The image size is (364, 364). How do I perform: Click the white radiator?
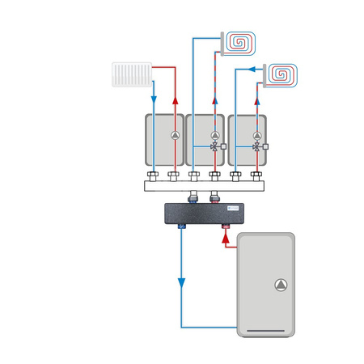click(132, 75)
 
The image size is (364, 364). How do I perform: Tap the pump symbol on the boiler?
click(279, 285)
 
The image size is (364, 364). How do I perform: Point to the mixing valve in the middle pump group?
click(214, 147)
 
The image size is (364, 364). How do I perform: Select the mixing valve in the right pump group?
click(256, 147)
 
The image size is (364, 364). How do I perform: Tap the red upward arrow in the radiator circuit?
click(173, 101)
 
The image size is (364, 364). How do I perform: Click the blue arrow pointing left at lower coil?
click(256, 70)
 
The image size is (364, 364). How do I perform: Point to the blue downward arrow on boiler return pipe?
click(181, 283)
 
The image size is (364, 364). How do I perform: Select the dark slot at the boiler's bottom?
click(266, 330)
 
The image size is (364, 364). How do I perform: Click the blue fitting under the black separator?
click(181, 229)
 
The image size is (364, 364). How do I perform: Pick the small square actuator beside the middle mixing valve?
click(224, 147)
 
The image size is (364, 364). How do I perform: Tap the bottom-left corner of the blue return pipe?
click(181, 327)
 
